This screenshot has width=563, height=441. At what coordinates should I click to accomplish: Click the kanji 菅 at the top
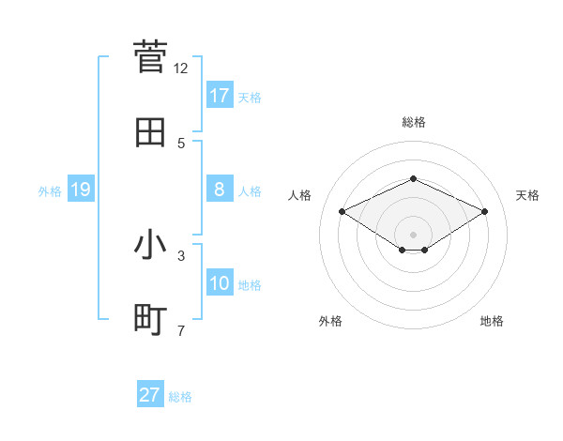click(151, 56)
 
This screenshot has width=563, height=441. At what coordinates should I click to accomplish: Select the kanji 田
click(151, 132)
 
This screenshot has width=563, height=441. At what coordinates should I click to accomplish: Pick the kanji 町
click(151, 319)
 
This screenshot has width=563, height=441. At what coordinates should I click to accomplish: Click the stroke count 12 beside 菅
click(181, 68)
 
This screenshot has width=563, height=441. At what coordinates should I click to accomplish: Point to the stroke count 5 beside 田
click(181, 144)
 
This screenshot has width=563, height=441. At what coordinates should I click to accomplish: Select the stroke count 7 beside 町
click(181, 330)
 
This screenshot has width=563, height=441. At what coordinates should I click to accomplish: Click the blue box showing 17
click(220, 96)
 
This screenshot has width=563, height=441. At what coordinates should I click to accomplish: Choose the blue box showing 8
click(220, 190)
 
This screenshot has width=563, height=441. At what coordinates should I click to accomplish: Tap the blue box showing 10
click(220, 283)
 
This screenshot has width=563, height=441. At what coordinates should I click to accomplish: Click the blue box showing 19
click(81, 190)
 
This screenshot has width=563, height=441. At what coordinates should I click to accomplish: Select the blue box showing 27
click(150, 395)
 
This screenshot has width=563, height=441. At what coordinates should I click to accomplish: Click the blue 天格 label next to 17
click(250, 97)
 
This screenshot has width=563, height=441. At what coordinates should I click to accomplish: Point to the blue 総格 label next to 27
click(180, 397)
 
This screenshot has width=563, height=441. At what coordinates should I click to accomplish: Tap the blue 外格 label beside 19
click(50, 190)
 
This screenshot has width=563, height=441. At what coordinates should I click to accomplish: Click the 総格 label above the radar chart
click(413, 122)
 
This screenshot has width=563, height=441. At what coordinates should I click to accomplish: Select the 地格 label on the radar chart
click(492, 321)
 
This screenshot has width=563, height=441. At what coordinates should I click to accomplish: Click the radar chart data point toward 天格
click(485, 211)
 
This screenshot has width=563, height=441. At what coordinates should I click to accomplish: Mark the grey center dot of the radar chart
click(413, 234)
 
